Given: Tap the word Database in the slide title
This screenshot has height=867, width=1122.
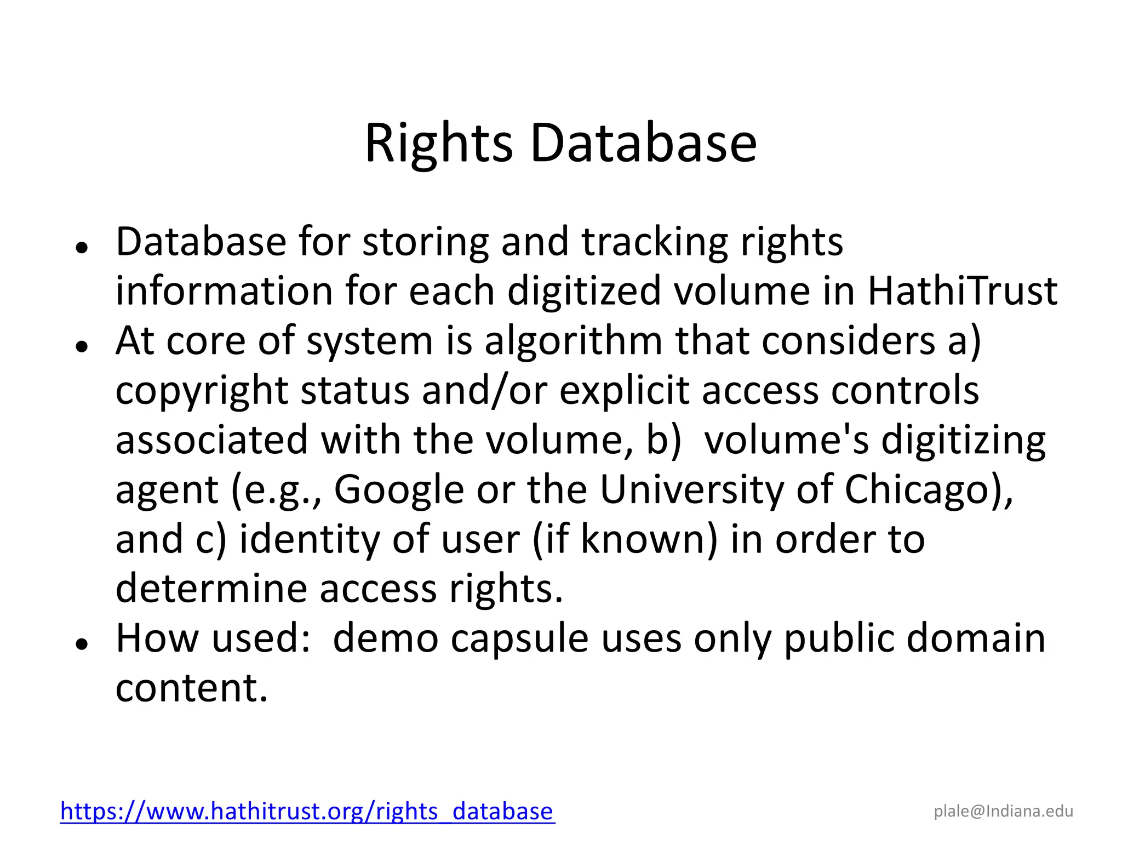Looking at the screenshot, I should tap(643, 144).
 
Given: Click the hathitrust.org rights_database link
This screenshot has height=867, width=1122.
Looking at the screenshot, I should tap(307, 811).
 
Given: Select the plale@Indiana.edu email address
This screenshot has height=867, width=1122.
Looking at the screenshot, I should tap(1003, 811).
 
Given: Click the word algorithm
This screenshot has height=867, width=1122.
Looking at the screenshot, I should tap(573, 341).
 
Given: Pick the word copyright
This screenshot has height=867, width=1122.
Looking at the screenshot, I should tap(202, 391).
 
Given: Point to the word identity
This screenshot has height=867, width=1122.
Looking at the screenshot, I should tap(310, 539).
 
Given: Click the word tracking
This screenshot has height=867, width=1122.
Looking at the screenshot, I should tap(655, 242).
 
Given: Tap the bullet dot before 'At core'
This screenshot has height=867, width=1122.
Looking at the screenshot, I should tap(82, 346).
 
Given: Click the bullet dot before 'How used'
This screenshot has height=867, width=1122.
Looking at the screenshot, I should tap(82, 644).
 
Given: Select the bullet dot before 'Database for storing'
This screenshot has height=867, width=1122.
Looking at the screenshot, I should tap(82, 247).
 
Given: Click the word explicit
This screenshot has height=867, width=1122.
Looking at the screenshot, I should tap(624, 391).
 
